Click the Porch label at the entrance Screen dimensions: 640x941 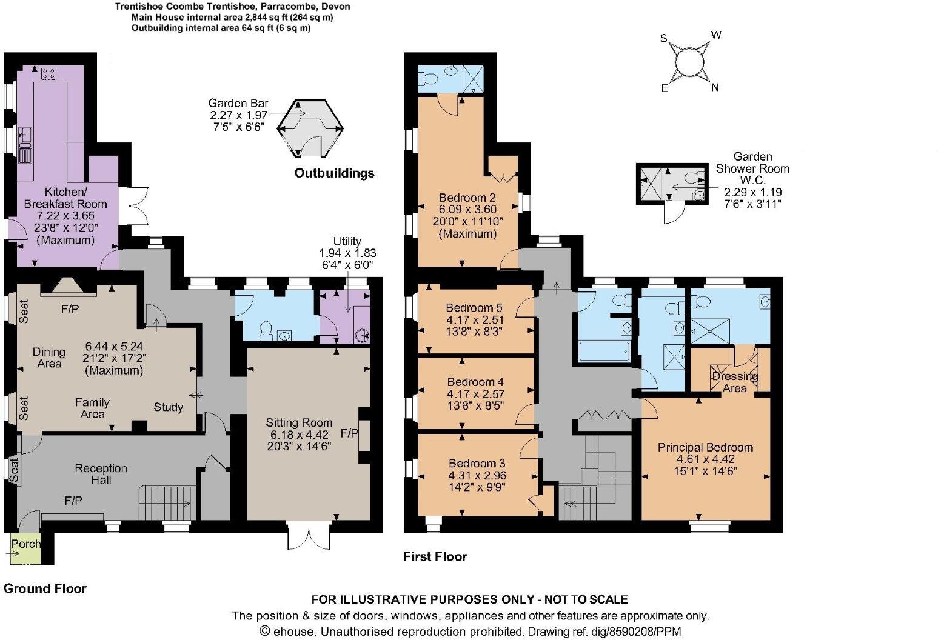[26, 544]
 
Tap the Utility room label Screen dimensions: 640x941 [347, 241]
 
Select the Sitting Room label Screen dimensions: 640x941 [299, 422]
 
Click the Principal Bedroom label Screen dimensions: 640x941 [705, 447]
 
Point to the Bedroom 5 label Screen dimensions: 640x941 [474, 307]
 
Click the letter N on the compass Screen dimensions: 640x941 [715, 87]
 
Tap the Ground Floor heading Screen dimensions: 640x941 [45, 588]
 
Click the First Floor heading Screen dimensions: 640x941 [435, 556]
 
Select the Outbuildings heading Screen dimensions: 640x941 [334, 173]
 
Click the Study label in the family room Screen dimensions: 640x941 [168, 407]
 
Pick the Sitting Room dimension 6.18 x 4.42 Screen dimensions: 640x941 [299, 435]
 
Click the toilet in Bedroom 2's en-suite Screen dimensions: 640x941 [429, 79]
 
